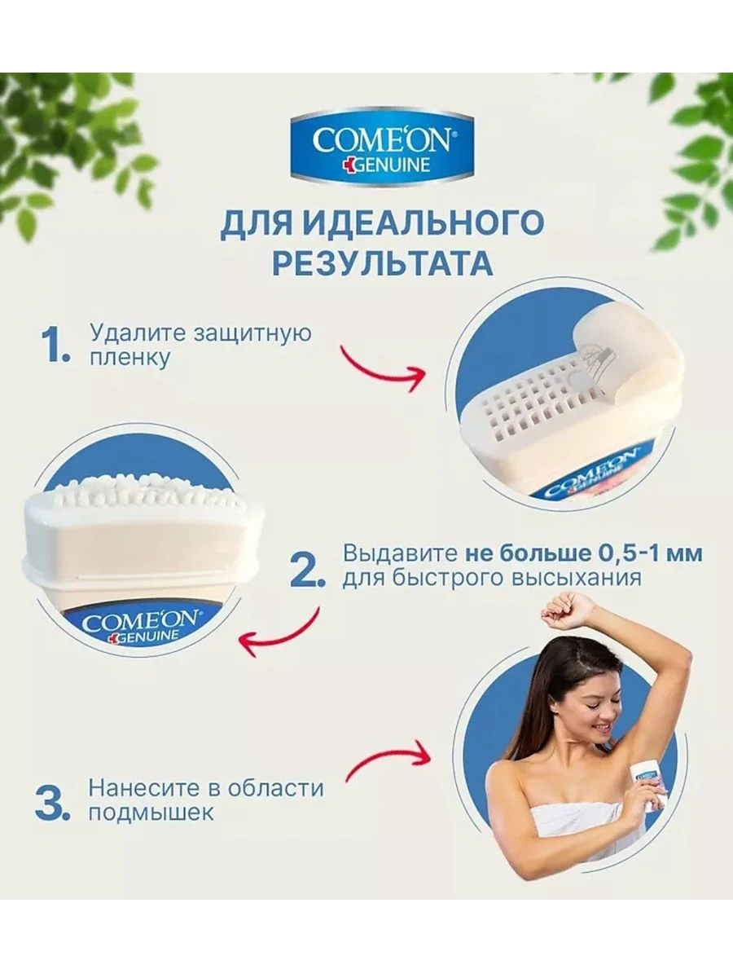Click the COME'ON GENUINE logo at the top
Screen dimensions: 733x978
point(382,146)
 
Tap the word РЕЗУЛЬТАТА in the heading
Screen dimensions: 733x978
point(383,263)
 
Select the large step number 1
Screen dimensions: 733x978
point(55,346)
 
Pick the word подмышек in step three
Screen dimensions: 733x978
point(151,813)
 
